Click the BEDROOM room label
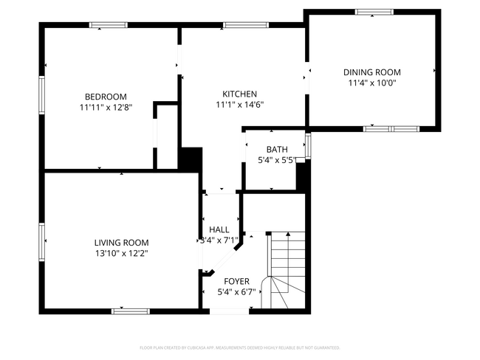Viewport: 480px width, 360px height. tap(106, 97)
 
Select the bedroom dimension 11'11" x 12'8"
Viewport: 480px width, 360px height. tap(106, 108)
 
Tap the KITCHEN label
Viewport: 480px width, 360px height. tap(240, 94)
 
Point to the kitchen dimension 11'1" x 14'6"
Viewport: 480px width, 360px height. tap(240, 105)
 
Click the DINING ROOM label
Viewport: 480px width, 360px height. tap(371, 72)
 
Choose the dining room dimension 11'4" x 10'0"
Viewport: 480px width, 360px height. tap(371, 83)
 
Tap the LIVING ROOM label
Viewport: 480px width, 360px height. tap(121, 243)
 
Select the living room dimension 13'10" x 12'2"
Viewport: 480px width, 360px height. tap(121, 254)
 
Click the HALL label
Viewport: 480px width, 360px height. tap(219, 229)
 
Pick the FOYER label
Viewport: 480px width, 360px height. tap(237, 281)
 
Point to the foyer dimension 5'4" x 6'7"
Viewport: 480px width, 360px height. tap(237, 292)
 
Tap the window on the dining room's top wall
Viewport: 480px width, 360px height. tap(374, 12)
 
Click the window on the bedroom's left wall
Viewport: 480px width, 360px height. tap(42, 92)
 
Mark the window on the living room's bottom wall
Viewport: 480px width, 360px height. tap(131, 311)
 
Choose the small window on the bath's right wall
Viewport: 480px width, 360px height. tap(308, 145)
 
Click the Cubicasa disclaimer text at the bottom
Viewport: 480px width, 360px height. tap(239, 347)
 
